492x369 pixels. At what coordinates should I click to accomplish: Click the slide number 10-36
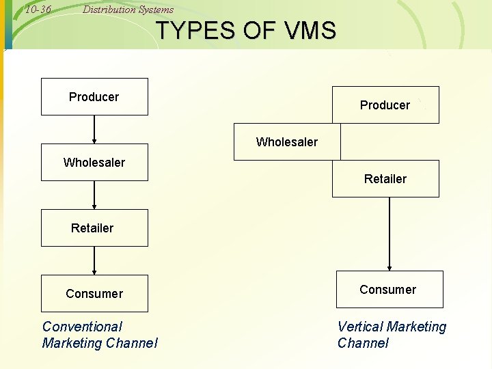pos(38,9)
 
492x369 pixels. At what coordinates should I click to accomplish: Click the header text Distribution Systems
pos(128,10)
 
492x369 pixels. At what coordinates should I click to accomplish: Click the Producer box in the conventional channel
pos(94,97)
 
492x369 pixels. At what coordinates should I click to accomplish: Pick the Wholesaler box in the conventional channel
pos(94,163)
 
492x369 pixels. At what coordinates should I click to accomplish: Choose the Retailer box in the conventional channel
pos(94,228)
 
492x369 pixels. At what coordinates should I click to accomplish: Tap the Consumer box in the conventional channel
pos(94,293)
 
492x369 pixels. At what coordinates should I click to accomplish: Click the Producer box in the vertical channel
pos(385,105)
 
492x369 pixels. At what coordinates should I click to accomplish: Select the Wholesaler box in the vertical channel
pos(287,142)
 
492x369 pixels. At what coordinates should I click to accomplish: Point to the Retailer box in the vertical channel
pos(385,179)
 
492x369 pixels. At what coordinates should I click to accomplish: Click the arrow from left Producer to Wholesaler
pos(94,129)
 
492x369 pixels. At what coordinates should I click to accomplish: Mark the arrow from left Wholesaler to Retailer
pos(94,195)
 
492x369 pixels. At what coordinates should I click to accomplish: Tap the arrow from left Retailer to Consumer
pos(94,260)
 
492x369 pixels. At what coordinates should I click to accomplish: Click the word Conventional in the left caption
pos(82,327)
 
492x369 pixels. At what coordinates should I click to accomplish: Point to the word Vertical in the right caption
pos(359,327)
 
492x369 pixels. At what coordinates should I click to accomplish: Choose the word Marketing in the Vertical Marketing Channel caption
pos(415,327)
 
